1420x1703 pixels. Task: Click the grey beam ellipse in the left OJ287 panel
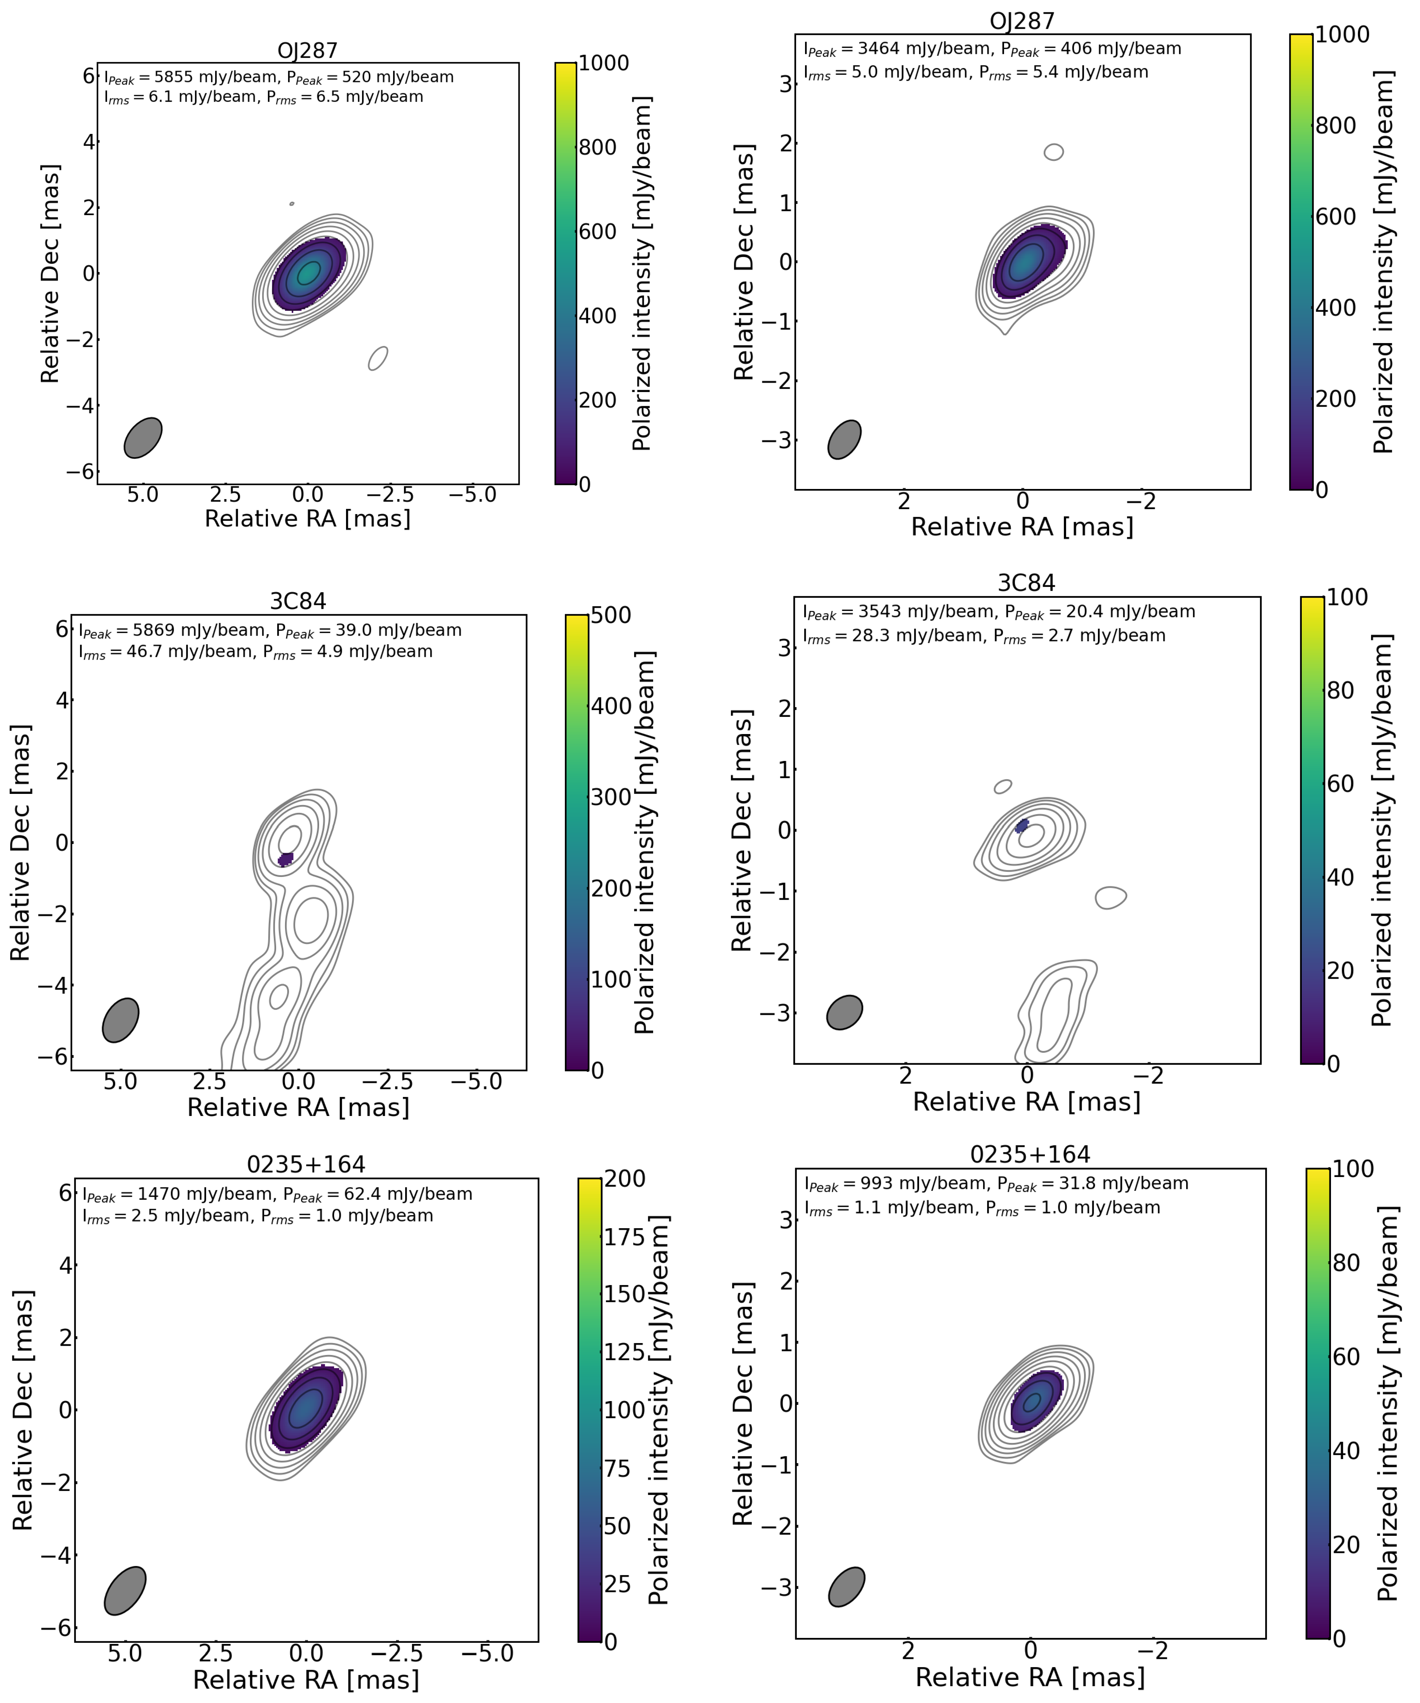tap(143, 438)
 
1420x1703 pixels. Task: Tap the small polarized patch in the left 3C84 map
tap(285, 859)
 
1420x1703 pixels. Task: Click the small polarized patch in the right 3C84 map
tap(1022, 826)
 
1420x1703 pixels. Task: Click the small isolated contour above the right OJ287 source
tap(1053, 152)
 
